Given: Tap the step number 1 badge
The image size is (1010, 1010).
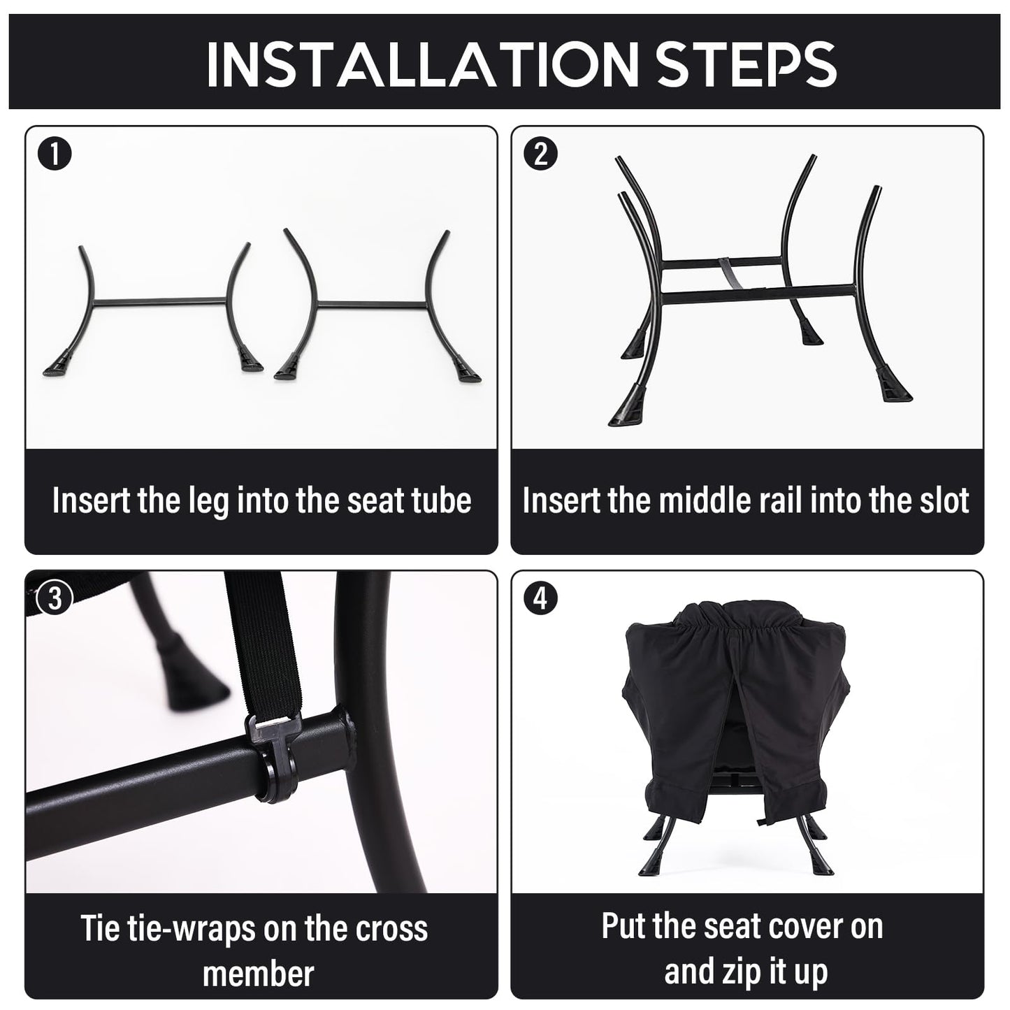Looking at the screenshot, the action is [55, 154].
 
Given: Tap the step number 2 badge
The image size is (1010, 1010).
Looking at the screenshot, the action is [540, 154].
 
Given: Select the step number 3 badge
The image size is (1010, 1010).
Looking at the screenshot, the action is [55, 598].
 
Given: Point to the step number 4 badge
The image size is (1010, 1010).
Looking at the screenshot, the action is [540, 598].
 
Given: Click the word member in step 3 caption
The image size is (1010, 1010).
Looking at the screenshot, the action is [259, 974].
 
